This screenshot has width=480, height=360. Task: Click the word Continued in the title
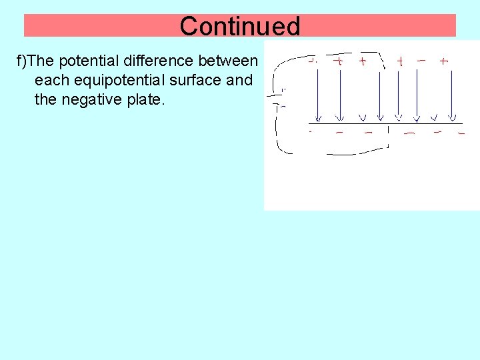coord(240,26)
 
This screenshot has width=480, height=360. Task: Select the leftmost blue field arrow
coord(319,93)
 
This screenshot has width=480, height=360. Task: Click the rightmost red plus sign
coord(444,61)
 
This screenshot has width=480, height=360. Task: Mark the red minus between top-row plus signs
coord(421,59)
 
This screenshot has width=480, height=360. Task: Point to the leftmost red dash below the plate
coord(311,132)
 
